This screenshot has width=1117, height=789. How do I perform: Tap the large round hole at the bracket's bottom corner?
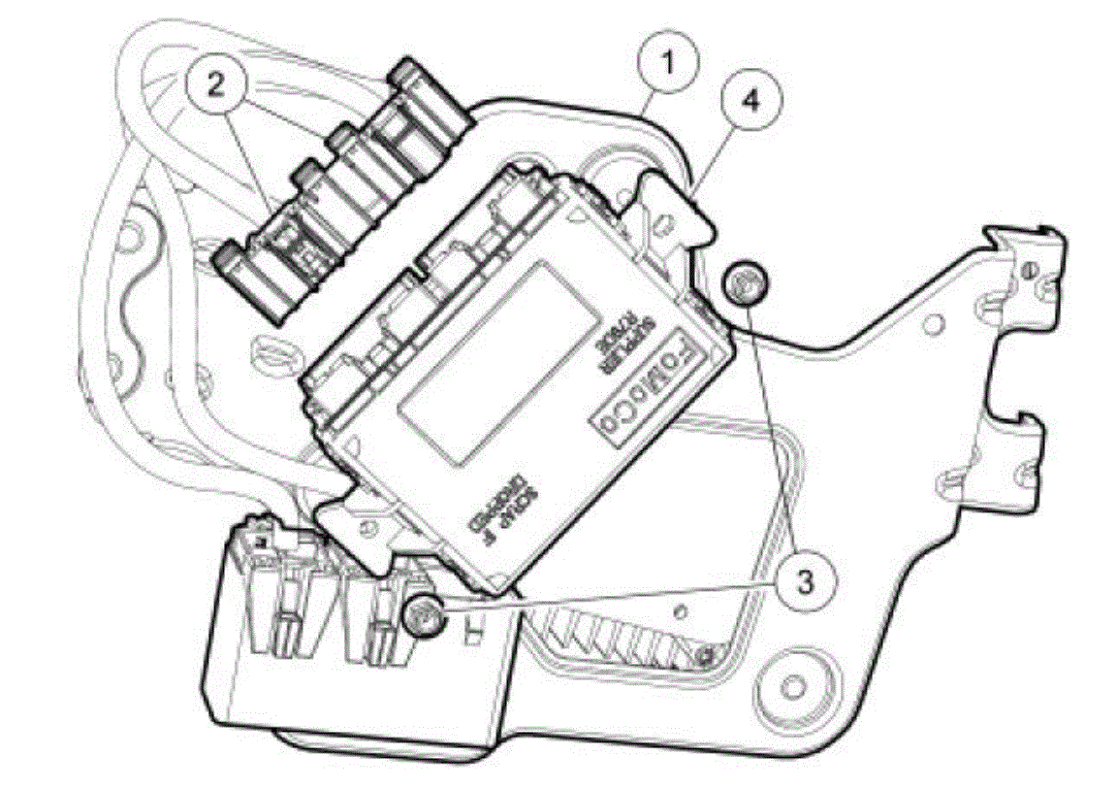tap(793, 685)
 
